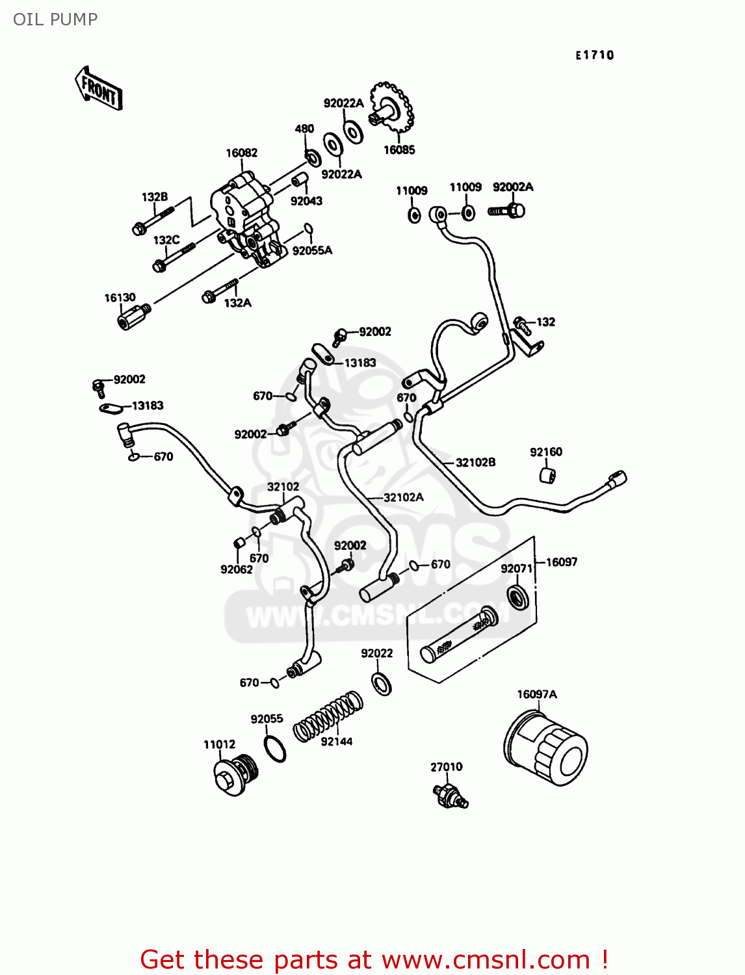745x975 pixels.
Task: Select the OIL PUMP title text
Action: (55, 19)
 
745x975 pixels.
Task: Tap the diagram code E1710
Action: (594, 55)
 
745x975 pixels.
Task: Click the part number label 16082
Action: (242, 153)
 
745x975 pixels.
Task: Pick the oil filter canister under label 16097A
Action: (546, 748)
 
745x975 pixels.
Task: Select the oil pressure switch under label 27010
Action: (450, 794)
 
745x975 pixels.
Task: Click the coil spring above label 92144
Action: (328, 716)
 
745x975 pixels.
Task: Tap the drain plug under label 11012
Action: (235, 775)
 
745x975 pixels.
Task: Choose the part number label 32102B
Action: (475, 462)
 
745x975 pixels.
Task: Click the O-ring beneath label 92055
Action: (275, 749)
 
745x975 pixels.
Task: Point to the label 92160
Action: (545, 452)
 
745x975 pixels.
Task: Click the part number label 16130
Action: (120, 298)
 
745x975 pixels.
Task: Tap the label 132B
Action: (155, 196)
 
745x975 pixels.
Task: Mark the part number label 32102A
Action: (403, 497)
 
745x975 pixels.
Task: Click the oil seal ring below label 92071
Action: (517, 596)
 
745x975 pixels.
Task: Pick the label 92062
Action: (237, 569)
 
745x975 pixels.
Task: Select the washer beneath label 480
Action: (312, 157)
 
